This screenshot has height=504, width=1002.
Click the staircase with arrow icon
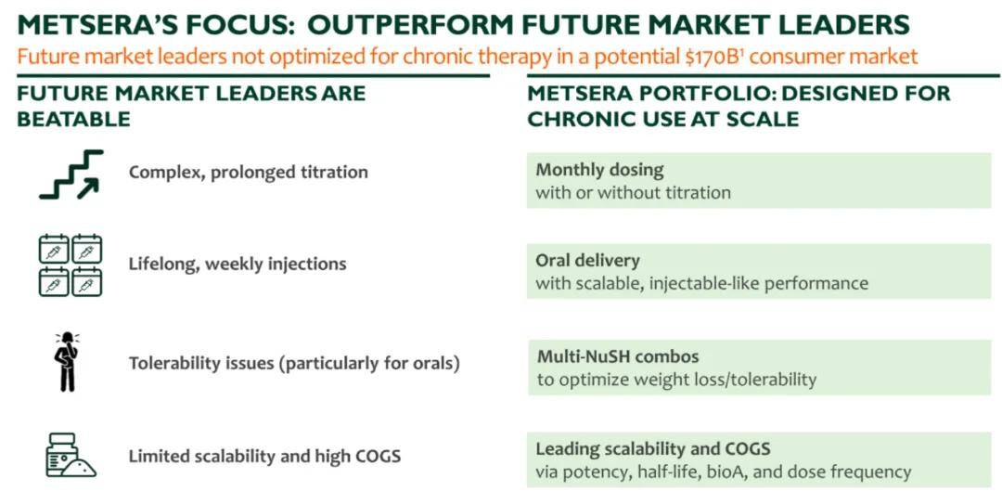click(71, 174)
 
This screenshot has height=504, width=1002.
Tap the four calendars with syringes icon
click(71, 265)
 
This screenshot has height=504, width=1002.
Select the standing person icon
click(66, 361)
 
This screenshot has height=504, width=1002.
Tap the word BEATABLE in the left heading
click(73, 119)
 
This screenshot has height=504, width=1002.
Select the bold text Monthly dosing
click(599, 170)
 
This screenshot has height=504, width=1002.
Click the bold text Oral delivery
click(587, 260)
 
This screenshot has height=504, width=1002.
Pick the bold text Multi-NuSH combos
click(617, 356)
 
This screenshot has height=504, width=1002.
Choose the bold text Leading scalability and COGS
click(652, 449)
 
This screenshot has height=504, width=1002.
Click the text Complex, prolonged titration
click(248, 173)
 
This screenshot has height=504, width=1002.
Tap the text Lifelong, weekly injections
click(238, 265)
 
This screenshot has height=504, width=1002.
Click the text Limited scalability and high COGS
click(264, 456)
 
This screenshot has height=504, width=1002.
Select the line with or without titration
click(633, 192)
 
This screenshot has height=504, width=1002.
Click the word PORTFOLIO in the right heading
click(695, 94)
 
